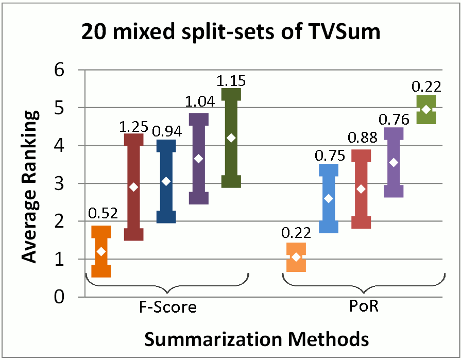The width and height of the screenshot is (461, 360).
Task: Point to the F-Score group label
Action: [168, 308]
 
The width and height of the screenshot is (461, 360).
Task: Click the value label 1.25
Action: [133, 127]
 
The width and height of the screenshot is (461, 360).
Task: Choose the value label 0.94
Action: [166, 132]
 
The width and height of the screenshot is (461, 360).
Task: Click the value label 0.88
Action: [362, 139]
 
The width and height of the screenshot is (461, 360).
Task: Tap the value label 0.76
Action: [394, 119]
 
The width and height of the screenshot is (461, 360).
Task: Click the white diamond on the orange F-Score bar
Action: [101, 251]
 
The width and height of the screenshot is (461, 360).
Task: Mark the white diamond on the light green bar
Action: [426, 109]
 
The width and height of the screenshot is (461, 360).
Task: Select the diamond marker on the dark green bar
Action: [231, 138]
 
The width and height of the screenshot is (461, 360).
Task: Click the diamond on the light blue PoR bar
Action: [329, 198]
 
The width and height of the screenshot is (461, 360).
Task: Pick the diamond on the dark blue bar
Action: [166, 181]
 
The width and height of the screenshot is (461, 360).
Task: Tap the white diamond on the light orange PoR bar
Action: [296, 256]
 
